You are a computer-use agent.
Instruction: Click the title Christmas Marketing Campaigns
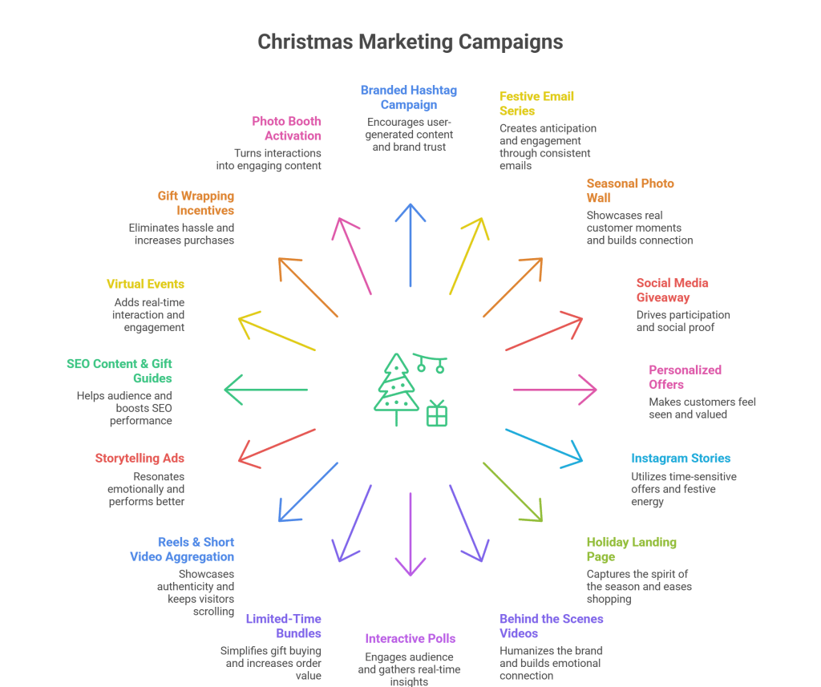pos(410,42)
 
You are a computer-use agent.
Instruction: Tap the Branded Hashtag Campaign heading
pos(408,97)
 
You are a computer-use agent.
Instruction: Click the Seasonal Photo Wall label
pos(629,191)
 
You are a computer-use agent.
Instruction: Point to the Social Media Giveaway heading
pos(672,290)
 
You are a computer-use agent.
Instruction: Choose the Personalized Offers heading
pos(685,377)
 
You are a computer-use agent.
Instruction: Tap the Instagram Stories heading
pos(680,459)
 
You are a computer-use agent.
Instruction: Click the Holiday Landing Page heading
pos(631,549)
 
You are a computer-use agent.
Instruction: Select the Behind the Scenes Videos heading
pos(551,626)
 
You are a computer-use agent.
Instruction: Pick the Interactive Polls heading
pos(410,638)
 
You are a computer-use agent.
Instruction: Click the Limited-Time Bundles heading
pos(283,626)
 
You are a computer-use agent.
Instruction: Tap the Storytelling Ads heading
pos(140,459)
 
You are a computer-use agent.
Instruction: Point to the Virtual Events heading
pos(145,284)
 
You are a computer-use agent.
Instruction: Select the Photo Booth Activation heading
pos(286,128)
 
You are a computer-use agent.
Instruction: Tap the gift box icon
pos(437,414)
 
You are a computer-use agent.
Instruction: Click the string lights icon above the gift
pos(431,363)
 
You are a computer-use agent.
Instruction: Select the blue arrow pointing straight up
pos(410,244)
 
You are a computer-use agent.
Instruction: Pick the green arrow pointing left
pos(265,390)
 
